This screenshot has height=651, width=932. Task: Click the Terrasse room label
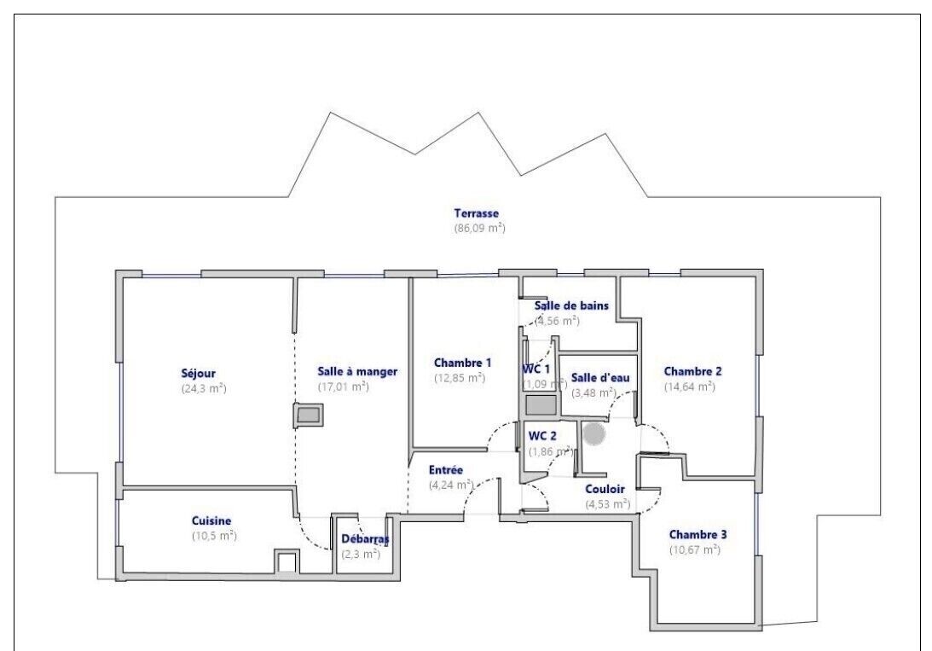[476, 212]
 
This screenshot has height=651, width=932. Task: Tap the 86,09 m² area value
[480, 228]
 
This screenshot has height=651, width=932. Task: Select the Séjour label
[198, 374]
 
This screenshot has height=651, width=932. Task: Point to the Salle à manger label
[357, 372]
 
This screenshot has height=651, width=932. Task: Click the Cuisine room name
[211, 520]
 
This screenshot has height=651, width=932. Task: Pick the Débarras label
[365, 539]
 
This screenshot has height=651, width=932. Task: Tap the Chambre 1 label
[462, 363]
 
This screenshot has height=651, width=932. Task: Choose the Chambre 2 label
[692, 372]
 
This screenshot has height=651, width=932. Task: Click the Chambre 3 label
[698, 534]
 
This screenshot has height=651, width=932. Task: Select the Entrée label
[446, 470]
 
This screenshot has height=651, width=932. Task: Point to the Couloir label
[605, 489]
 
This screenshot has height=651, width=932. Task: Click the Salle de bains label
[571, 305]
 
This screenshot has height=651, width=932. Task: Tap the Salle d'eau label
[600, 377]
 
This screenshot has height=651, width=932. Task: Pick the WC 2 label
[542, 436]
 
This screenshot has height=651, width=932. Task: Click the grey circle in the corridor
[593, 433]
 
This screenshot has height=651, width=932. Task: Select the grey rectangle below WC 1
[541, 405]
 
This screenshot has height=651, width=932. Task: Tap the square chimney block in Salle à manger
[309, 415]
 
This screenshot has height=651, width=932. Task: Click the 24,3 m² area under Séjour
[204, 389]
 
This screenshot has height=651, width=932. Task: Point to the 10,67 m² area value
[695, 549]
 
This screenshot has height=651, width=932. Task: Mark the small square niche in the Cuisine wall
[286, 562]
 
